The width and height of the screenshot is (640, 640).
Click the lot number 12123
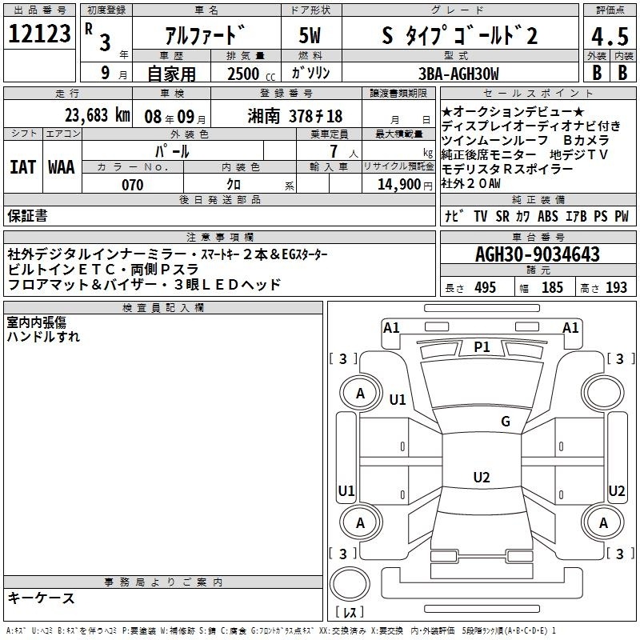point(39,34)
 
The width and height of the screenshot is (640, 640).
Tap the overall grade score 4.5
point(610,36)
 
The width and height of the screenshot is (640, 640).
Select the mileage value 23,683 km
point(98,115)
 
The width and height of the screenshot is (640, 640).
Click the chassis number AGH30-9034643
point(538,254)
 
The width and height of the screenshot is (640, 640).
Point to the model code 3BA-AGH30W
point(458,74)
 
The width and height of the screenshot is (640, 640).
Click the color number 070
point(133,185)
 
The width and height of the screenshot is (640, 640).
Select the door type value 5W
point(310,35)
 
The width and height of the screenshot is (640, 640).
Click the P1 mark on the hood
point(482,347)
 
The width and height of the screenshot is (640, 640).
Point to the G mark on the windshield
point(506,421)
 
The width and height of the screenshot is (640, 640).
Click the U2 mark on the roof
point(482,477)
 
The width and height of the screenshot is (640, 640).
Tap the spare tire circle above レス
point(350,583)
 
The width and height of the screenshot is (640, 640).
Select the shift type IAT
point(22,167)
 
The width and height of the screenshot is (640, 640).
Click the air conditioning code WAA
point(62,167)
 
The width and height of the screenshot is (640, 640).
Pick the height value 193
point(616,287)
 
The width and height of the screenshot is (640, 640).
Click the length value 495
point(486,287)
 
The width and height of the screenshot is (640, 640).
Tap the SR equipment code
point(502,216)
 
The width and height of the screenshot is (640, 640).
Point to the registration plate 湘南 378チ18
point(295,116)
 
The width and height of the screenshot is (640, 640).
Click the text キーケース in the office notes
point(42,598)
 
